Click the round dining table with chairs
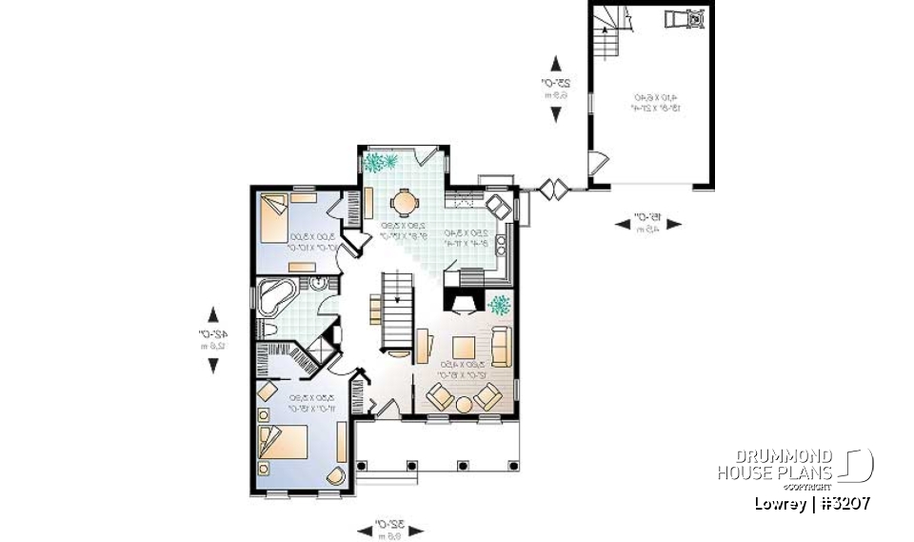point(405,202)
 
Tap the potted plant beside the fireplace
point(500,305)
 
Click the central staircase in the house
point(398,310)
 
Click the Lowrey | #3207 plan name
point(812,504)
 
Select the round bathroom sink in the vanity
point(317,283)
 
